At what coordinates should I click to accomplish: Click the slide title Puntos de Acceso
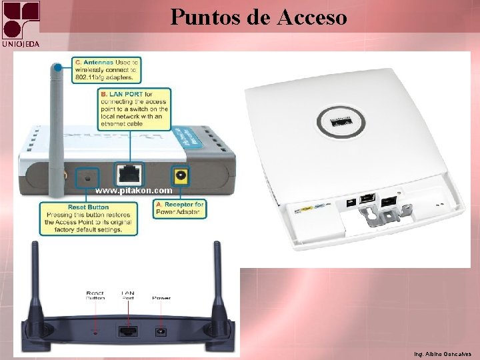click(259, 16)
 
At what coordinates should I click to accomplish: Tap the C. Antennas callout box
click(107, 70)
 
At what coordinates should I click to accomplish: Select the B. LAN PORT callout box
click(134, 108)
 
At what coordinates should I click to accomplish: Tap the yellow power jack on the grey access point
click(179, 175)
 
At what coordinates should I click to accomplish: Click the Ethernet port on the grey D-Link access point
click(128, 175)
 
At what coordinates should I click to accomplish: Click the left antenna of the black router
click(33, 287)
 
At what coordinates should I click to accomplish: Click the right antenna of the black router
click(219, 287)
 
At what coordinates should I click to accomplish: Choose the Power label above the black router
click(161, 298)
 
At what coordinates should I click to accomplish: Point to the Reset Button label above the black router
click(95, 295)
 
